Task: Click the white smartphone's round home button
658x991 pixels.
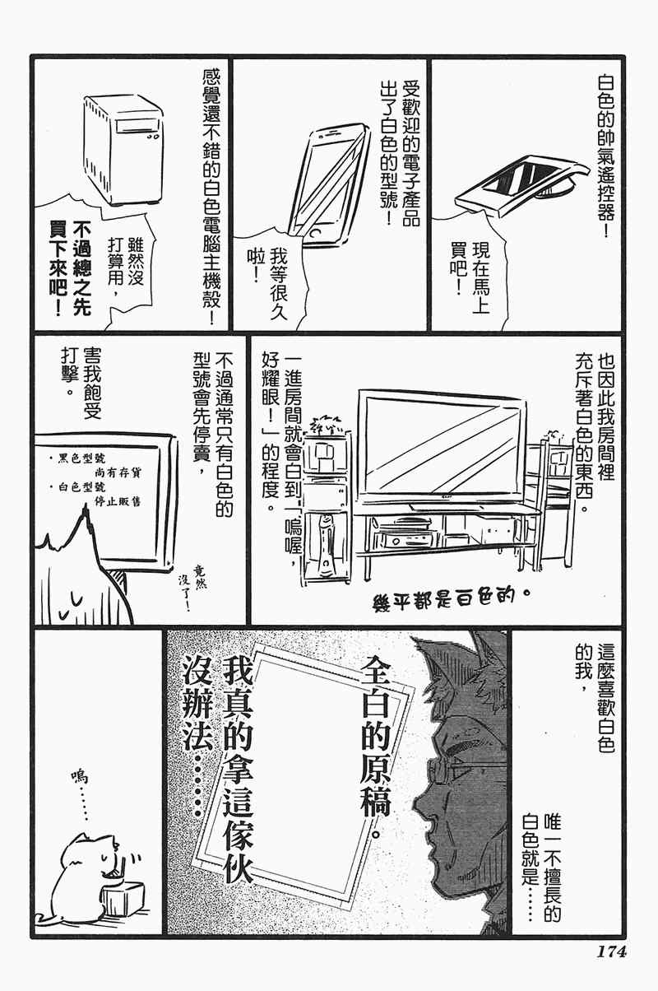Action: (316, 233)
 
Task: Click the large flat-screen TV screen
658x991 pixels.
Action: (443, 446)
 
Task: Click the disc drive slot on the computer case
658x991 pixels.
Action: (136, 128)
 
